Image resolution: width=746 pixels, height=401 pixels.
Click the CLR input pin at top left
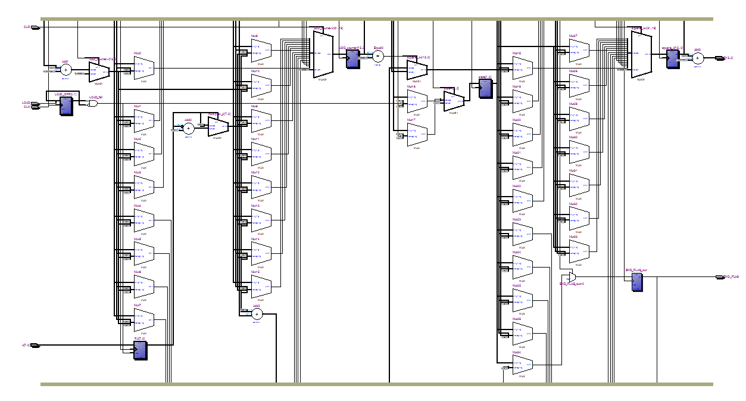[x=35, y=27]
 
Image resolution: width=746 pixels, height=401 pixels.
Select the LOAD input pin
[x=35, y=103]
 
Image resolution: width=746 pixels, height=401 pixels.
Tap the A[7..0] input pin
[x=35, y=345]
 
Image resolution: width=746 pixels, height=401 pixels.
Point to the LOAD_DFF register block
[x=65, y=105]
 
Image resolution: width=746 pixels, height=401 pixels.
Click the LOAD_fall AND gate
[x=93, y=104]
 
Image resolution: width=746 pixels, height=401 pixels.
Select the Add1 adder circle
[x=66, y=70]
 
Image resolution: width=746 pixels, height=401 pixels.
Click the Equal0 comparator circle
[x=377, y=57]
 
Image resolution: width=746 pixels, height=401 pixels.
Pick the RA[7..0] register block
[x=140, y=350]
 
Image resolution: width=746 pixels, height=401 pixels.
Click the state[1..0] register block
[x=486, y=88]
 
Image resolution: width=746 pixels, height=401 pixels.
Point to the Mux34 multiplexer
[x=523, y=364]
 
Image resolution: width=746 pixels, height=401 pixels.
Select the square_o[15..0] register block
[x=672, y=58]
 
